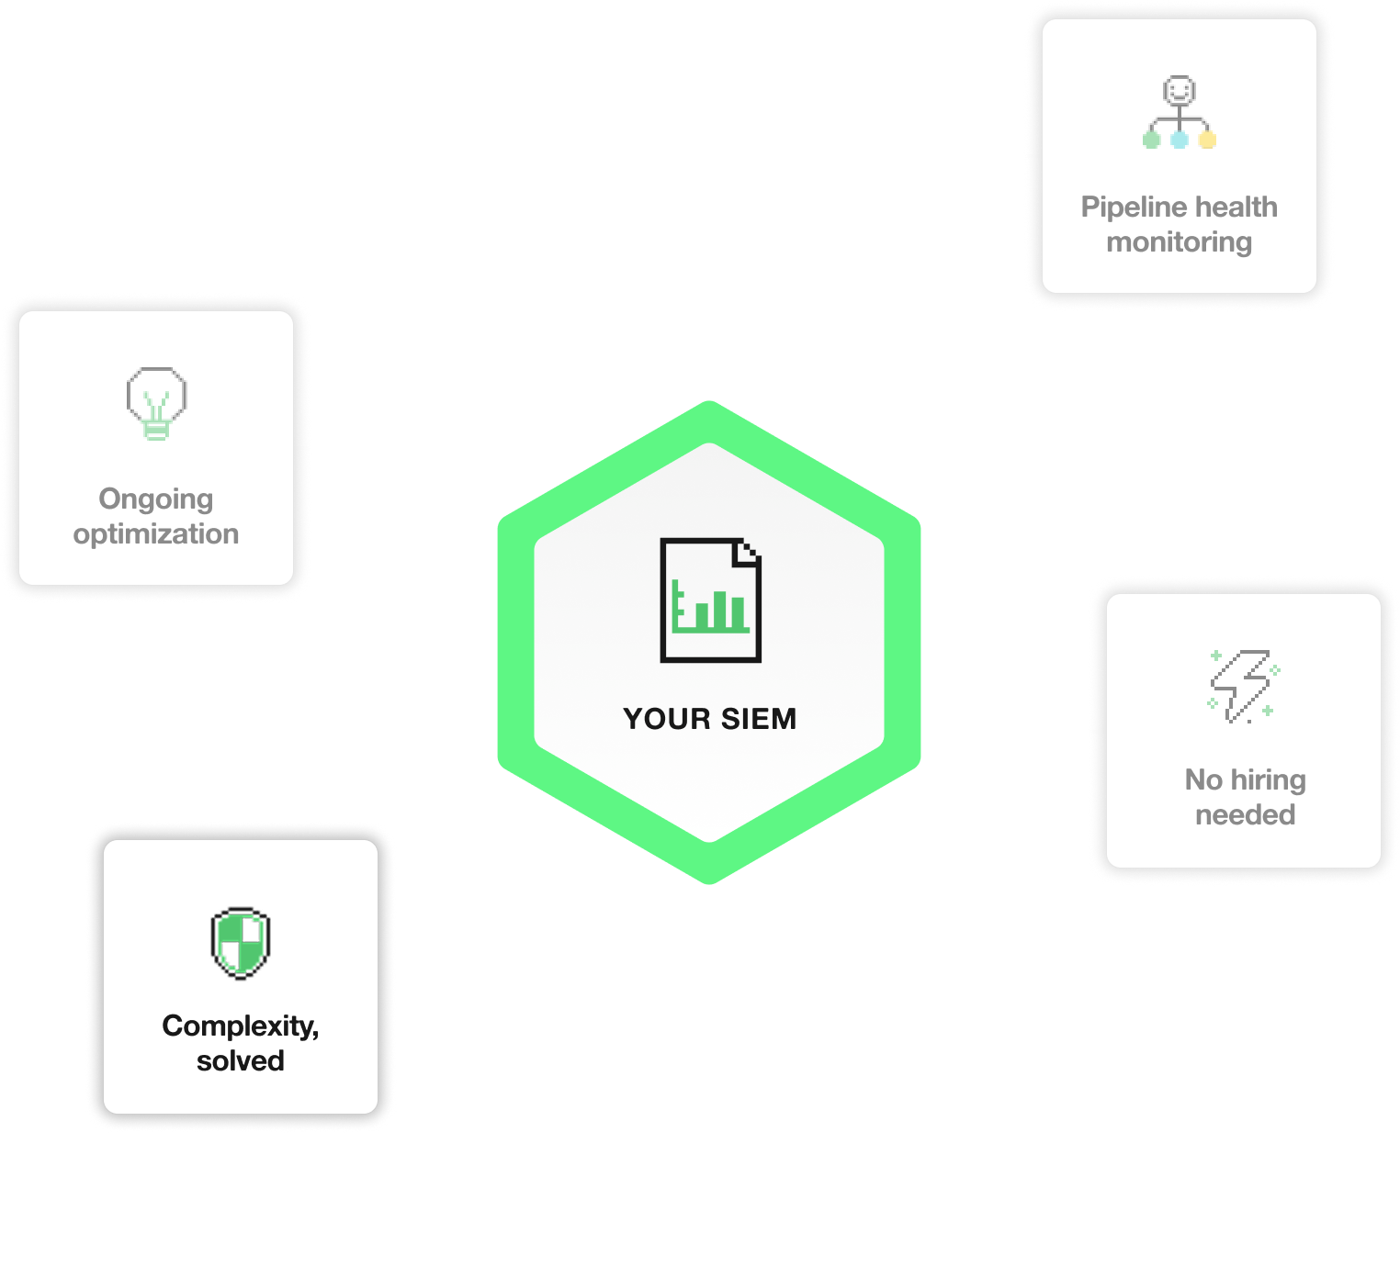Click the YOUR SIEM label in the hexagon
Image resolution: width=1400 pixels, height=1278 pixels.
[709, 719]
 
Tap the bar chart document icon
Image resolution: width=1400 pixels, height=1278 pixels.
[710, 600]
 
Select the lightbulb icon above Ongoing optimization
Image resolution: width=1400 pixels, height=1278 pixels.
[156, 403]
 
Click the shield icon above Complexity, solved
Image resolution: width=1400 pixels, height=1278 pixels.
[241, 943]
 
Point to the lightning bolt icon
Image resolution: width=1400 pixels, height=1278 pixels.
[1244, 686]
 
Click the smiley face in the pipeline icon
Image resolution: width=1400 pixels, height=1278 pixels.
[1179, 91]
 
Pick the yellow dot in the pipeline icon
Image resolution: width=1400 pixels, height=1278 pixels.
[1207, 140]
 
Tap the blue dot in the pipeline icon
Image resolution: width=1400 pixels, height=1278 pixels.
[1180, 140]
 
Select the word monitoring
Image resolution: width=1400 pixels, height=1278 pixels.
[1179, 242]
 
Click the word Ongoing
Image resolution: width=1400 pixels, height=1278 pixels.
[156, 499]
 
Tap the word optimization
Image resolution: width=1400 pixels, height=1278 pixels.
[156, 534]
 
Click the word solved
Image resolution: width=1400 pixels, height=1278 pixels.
[241, 1061]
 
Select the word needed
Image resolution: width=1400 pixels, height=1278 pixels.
[1245, 815]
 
